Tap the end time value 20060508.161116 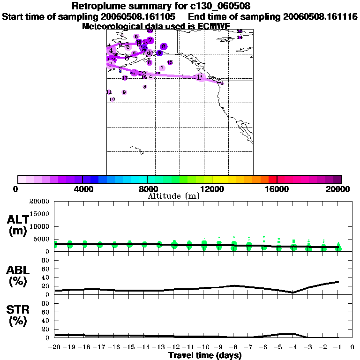pyautogui.click(x=321, y=17)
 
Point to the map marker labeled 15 pyautogui.click(x=170, y=62)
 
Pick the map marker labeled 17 pyautogui.click(x=125, y=78)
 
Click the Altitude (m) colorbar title pyautogui.click(x=173, y=196)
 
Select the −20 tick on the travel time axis pyautogui.click(x=54, y=347)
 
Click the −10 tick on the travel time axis pyautogui.click(x=203, y=347)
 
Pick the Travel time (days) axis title pyautogui.click(x=205, y=355)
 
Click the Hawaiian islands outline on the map pyautogui.click(x=137, y=150)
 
